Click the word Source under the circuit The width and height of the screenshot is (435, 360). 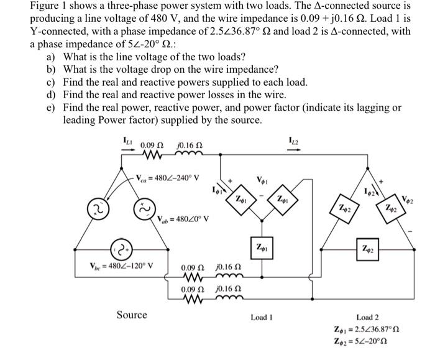coord(132,315)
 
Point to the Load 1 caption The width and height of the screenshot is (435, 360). coord(262,317)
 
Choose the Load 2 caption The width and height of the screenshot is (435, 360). coord(367,317)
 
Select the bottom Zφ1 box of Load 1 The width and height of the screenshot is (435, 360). coord(261,247)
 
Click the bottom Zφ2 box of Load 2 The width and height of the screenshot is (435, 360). coord(368,249)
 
